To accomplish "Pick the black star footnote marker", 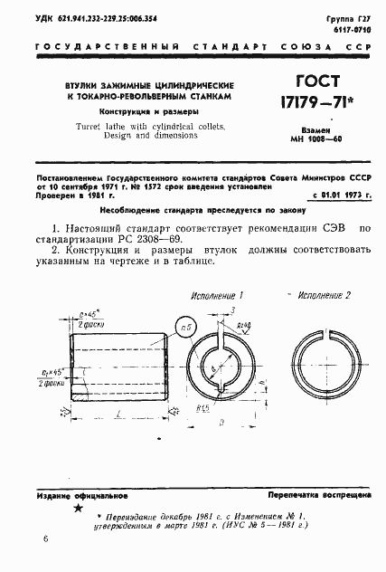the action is (65, 511).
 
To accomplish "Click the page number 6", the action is (45, 540).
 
